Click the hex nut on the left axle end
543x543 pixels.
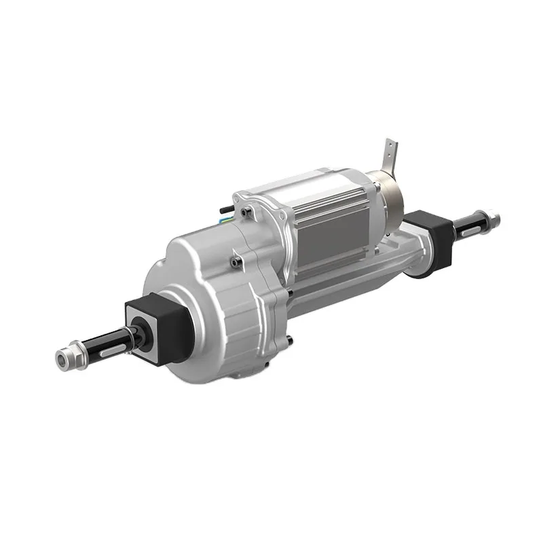click(66, 357)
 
